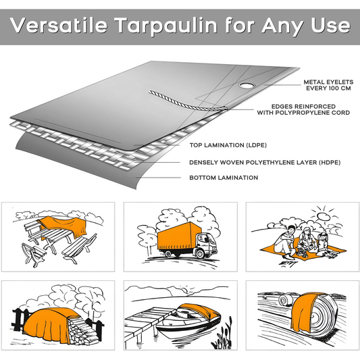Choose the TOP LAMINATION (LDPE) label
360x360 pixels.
click(x=226, y=145)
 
